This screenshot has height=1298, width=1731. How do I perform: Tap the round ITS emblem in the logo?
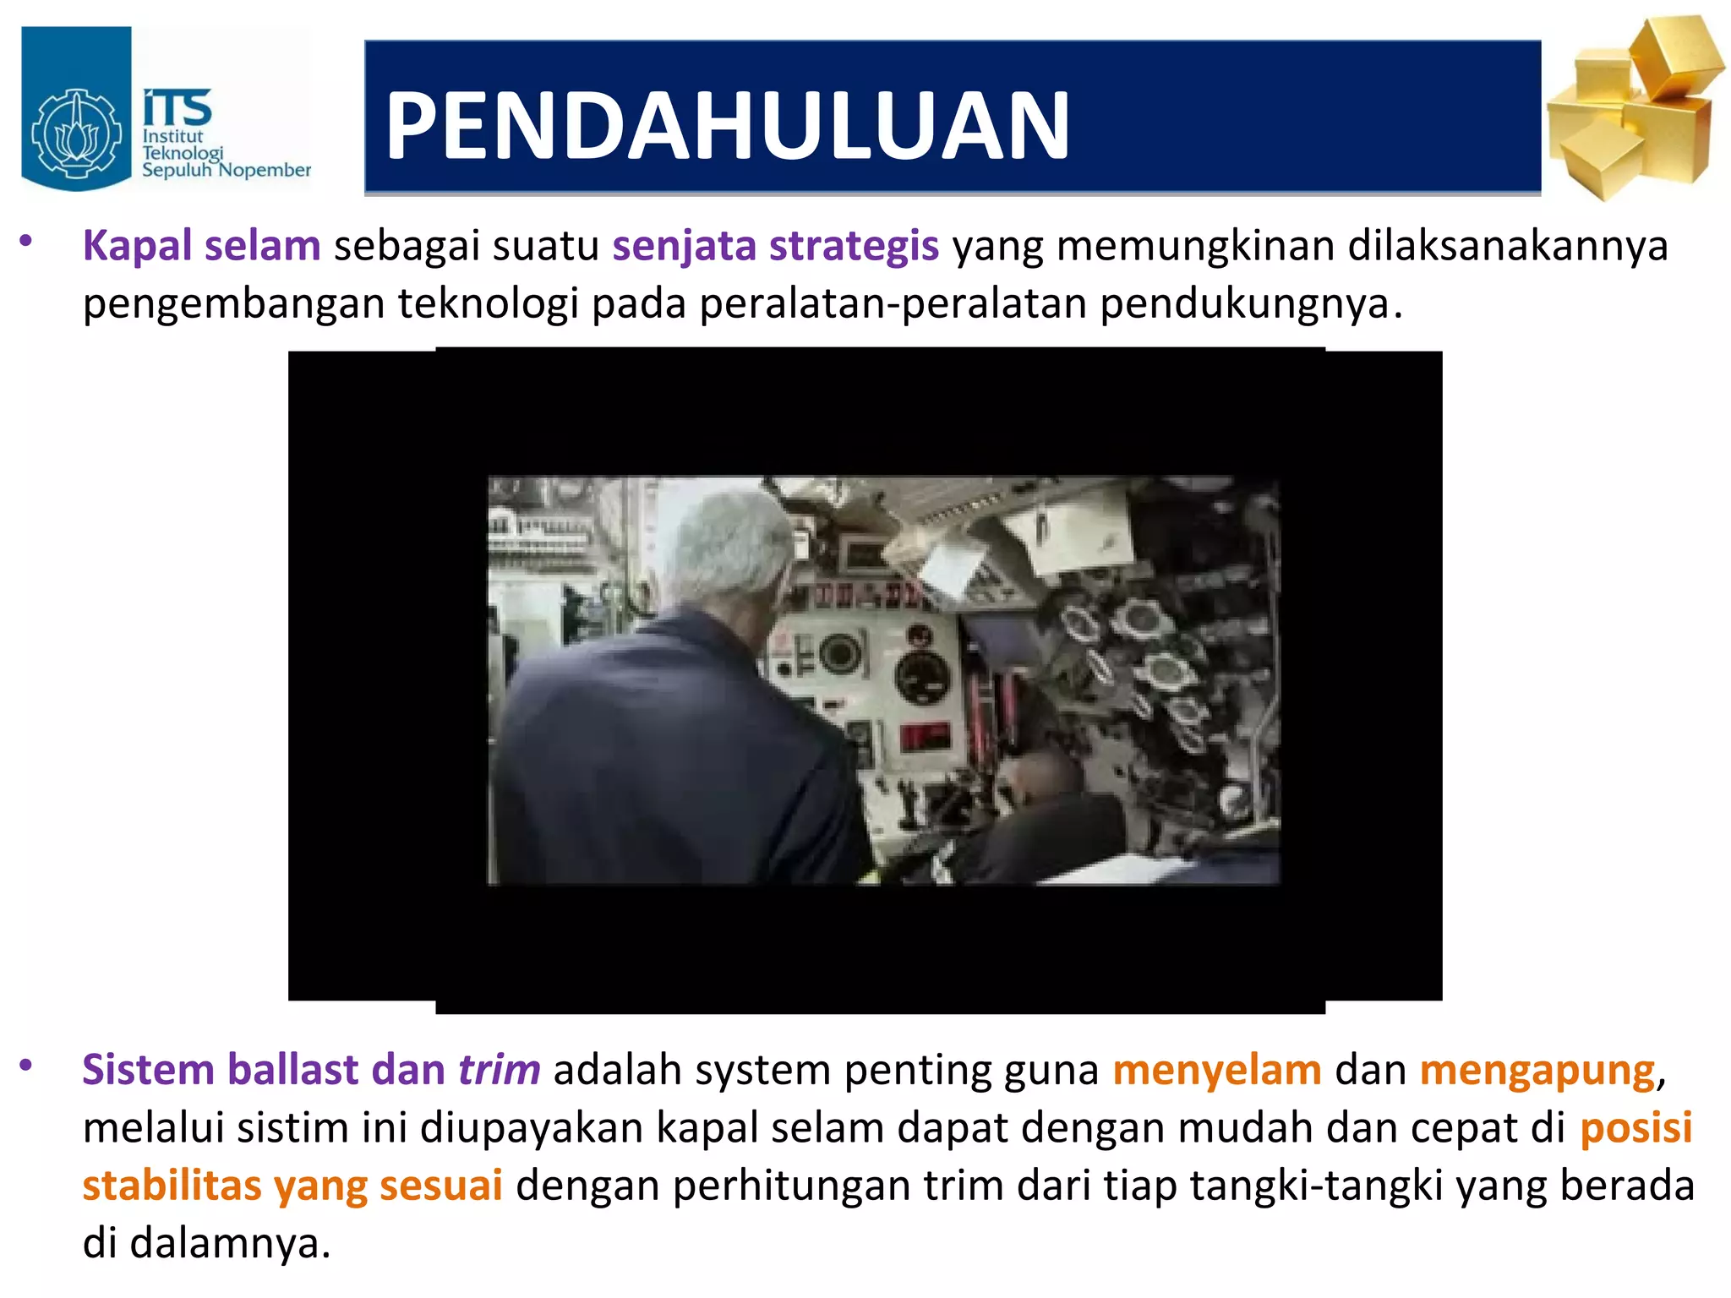[76, 133]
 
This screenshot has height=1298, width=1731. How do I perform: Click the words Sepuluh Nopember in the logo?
[226, 171]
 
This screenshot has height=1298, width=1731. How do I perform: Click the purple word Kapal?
[138, 247]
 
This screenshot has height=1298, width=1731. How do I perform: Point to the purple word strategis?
[854, 246]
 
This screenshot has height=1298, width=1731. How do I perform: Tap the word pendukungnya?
[1244, 304]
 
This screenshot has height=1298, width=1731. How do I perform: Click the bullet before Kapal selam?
[27, 243]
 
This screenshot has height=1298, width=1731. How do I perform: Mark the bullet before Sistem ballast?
[27, 1066]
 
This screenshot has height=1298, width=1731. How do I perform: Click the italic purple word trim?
[499, 1070]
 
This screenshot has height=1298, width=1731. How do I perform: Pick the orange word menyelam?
[1217, 1070]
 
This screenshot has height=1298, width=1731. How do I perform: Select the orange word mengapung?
[1537, 1072]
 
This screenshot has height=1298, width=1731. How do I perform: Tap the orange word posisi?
[1635, 1128]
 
